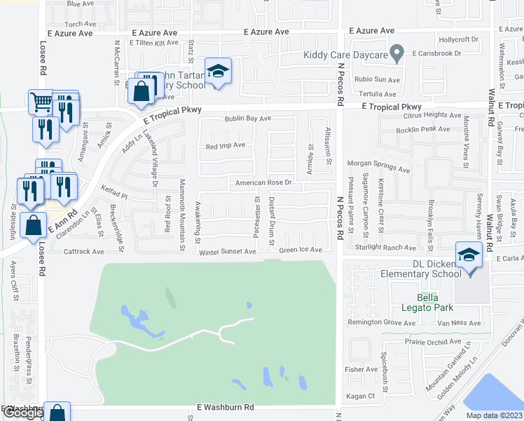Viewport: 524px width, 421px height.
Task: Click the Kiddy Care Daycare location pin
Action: pyautogui.click(x=397, y=53)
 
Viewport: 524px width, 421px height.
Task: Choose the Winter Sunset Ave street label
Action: pyautogui.click(x=228, y=252)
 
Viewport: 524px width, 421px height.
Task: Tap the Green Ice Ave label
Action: pyautogui.click(x=301, y=250)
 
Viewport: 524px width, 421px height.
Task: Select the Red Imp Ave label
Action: pyautogui.click(x=225, y=146)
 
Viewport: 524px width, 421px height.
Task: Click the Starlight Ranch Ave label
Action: pyautogui.click(x=387, y=248)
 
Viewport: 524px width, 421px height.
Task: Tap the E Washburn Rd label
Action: pyautogui.click(x=225, y=407)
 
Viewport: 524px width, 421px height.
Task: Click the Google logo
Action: pyautogui.click(x=22, y=413)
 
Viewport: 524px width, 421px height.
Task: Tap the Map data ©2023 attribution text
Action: pyautogui.click(x=494, y=415)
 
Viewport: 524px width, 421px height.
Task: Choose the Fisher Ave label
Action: pyautogui.click(x=361, y=369)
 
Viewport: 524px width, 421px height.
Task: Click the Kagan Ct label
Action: pyautogui.click(x=361, y=396)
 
